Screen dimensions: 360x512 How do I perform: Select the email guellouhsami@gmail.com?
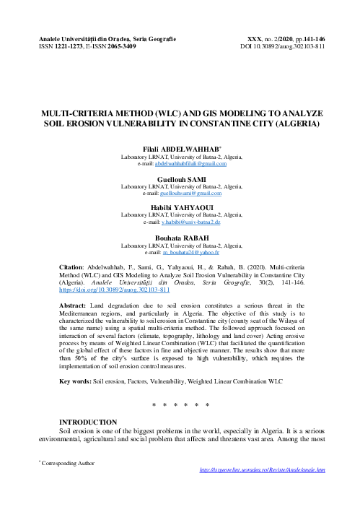point(190,194)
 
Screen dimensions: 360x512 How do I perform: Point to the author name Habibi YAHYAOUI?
point(180,208)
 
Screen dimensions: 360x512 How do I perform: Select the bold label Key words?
point(74,380)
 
